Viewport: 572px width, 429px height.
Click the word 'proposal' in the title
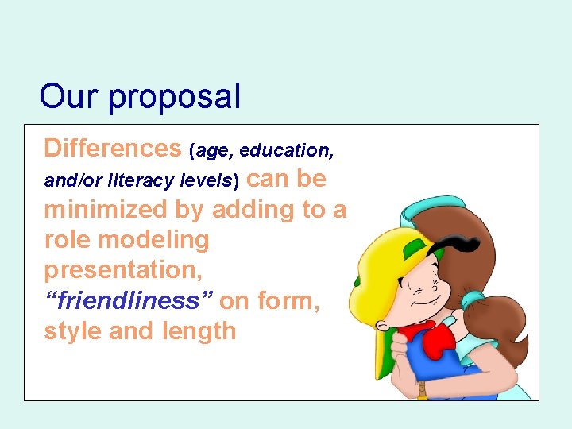174,97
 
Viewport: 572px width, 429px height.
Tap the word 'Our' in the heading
70,96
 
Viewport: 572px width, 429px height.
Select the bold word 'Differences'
113,148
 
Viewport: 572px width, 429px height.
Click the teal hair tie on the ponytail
475,300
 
